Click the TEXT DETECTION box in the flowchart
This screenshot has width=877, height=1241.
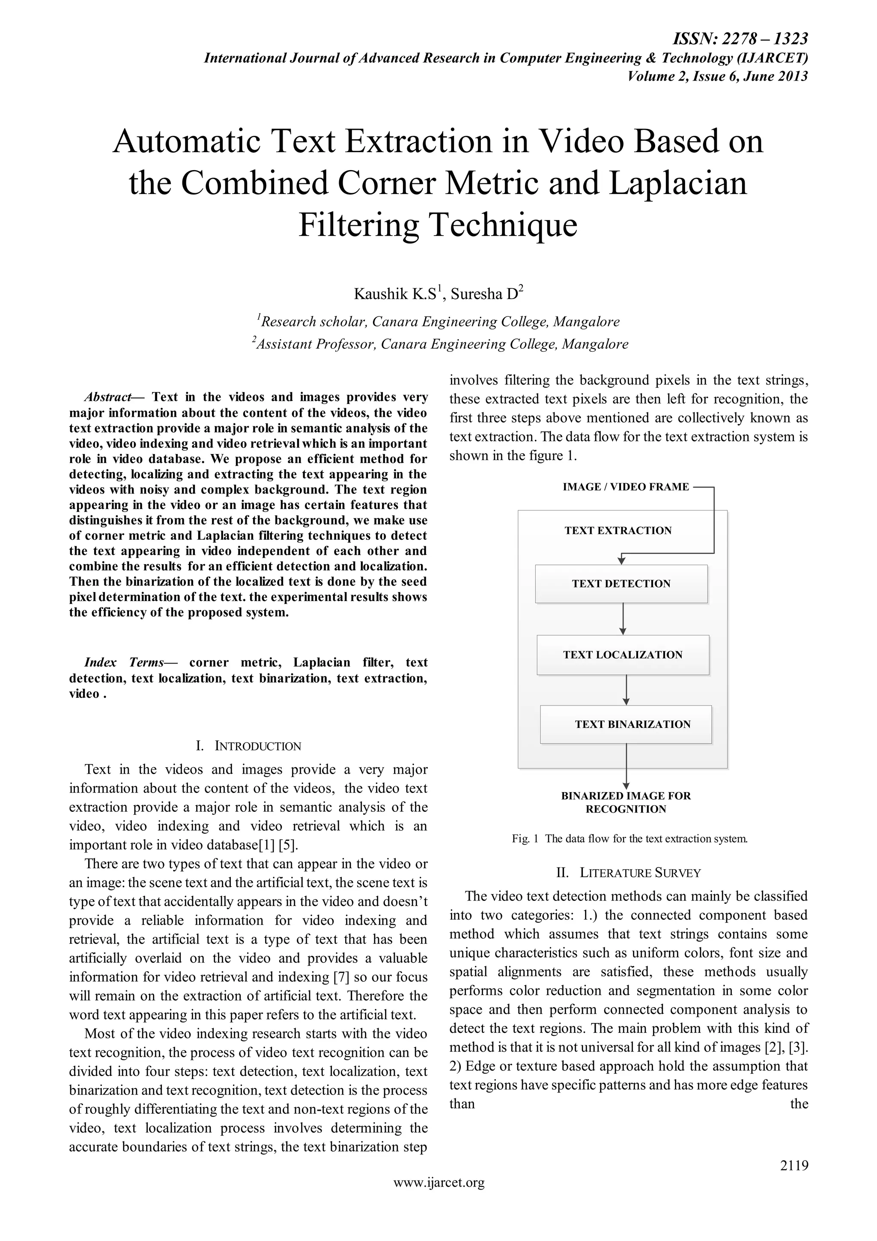pyautogui.click(x=621, y=584)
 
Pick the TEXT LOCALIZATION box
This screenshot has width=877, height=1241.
pyautogui.click(x=623, y=655)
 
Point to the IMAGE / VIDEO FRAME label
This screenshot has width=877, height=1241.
pyautogui.click(x=626, y=487)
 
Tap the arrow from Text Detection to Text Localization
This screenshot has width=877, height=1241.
pyautogui.click(x=623, y=619)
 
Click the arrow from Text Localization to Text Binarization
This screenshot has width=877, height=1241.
pyautogui.click(x=626, y=690)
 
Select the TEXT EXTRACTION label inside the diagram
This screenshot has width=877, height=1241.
pyautogui.click(x=618, y=531)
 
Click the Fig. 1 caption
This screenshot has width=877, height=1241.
pyautogui.click(x=630, y=839)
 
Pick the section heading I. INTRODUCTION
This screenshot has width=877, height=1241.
pyautogui.click(x=248, y=746)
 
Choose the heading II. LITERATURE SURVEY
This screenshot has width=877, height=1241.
pyautogui.click(x=629, y=873)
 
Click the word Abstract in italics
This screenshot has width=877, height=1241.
pyautogui.click(x=108, y=397)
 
